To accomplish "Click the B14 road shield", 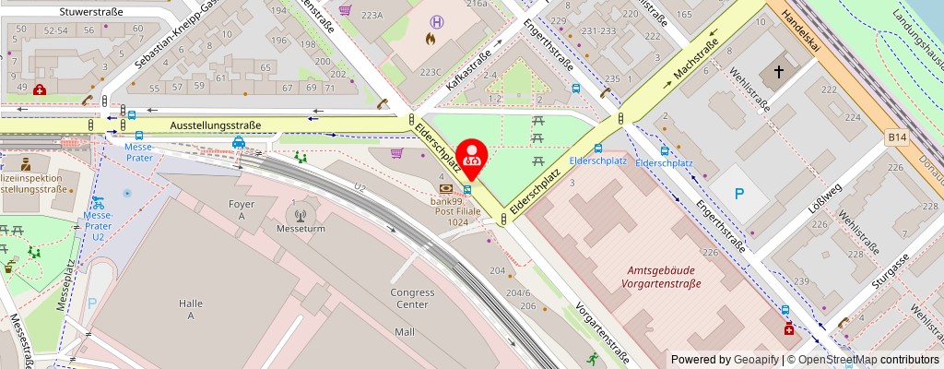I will (x=897, y=137).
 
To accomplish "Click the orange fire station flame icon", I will (x=430, y=40).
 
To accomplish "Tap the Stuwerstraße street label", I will (x=65, y=12).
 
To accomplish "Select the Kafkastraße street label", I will (x=468, y=70).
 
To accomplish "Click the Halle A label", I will (x=191, y=308).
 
